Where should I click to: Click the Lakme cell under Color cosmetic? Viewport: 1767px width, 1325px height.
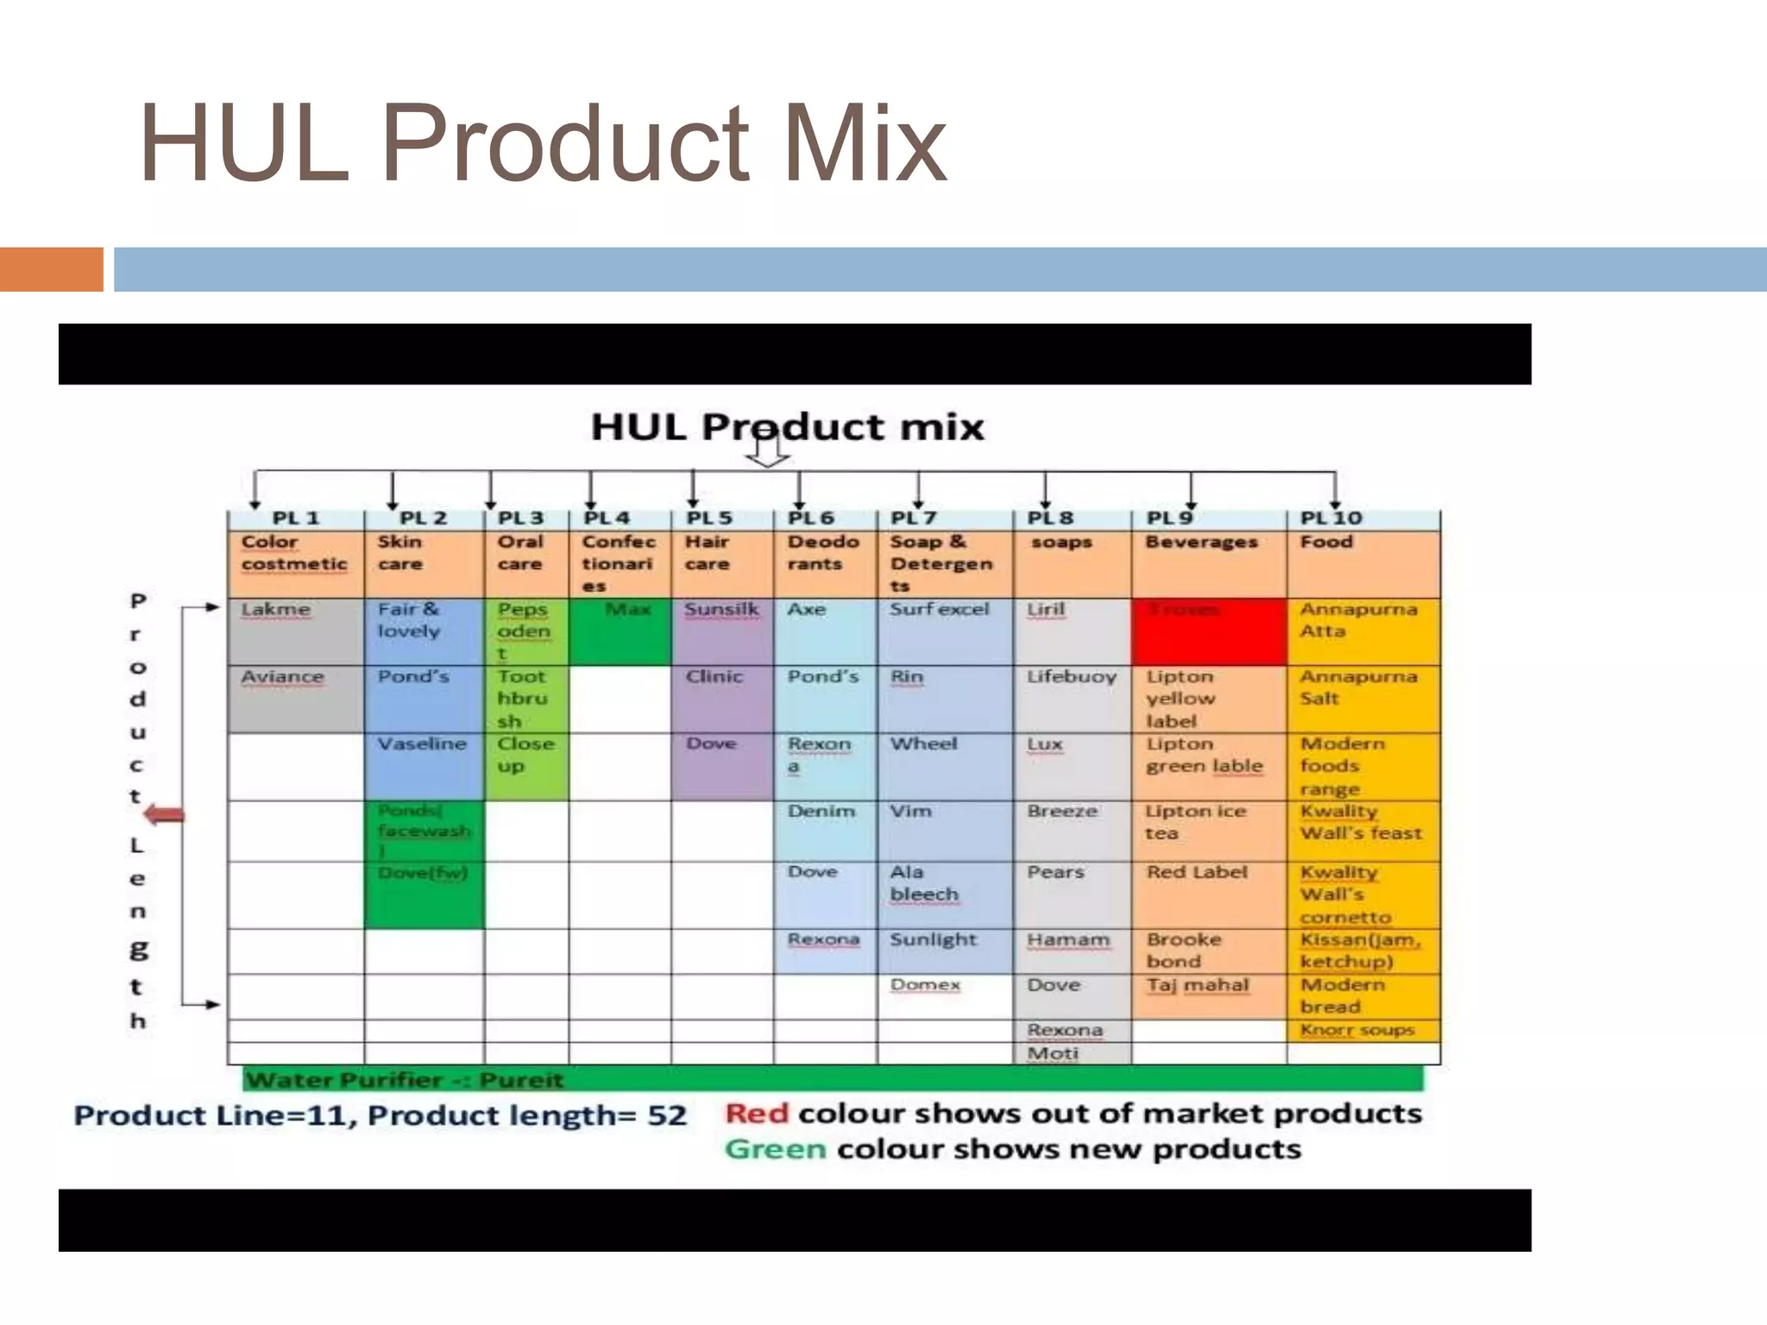295,631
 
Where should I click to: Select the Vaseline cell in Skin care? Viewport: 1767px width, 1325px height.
423,766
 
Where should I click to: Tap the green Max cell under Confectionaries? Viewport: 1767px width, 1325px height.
619,631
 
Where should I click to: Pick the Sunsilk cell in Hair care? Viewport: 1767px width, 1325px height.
722,631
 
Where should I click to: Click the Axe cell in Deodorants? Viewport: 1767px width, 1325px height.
825,631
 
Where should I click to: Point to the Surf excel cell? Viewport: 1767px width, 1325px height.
944,631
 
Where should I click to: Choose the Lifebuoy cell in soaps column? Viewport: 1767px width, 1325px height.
1072,698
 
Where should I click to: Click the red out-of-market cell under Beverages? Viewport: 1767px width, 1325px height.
1208,631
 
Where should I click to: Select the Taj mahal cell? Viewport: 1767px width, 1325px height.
1208,995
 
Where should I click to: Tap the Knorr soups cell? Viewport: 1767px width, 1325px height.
1361,1030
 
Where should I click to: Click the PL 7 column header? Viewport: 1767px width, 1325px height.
944,518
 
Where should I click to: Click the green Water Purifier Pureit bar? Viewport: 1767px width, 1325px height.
832,1079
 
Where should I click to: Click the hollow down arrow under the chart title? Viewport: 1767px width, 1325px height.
766,453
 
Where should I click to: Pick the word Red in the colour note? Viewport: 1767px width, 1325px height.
757,1114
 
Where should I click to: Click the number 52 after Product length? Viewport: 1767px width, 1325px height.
667,1115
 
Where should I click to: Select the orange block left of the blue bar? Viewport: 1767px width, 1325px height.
51,269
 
